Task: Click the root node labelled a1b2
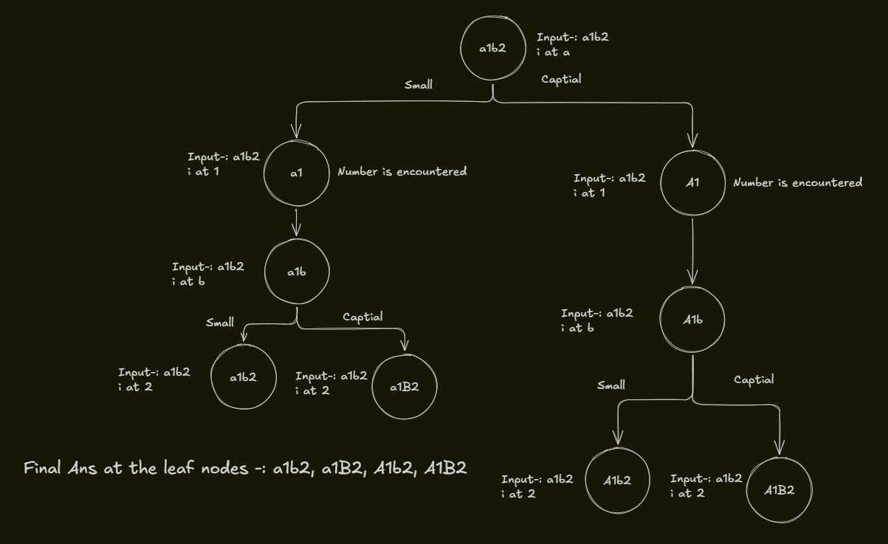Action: click(x=492, y=49)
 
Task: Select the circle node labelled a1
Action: click(x=296, y=173)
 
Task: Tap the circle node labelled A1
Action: click(x=692, y=182)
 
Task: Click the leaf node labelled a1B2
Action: click(x=405, y=387)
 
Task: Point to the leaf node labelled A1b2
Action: click(x=617, y=480)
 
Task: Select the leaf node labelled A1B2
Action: click(x=779, y=490)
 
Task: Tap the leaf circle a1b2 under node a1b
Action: click(x=243, y=376)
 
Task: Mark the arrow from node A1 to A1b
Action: click(x=692, y=251)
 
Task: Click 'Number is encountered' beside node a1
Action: click(x=402, y=172)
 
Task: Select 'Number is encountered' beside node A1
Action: click(x=797, y=182)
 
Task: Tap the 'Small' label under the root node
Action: click(x=419, y=85)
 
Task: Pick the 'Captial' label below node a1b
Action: click(x=363, y=317)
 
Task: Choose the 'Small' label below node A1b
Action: click(x=611, y=385)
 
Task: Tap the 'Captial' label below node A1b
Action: click(x=754, y=379)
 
